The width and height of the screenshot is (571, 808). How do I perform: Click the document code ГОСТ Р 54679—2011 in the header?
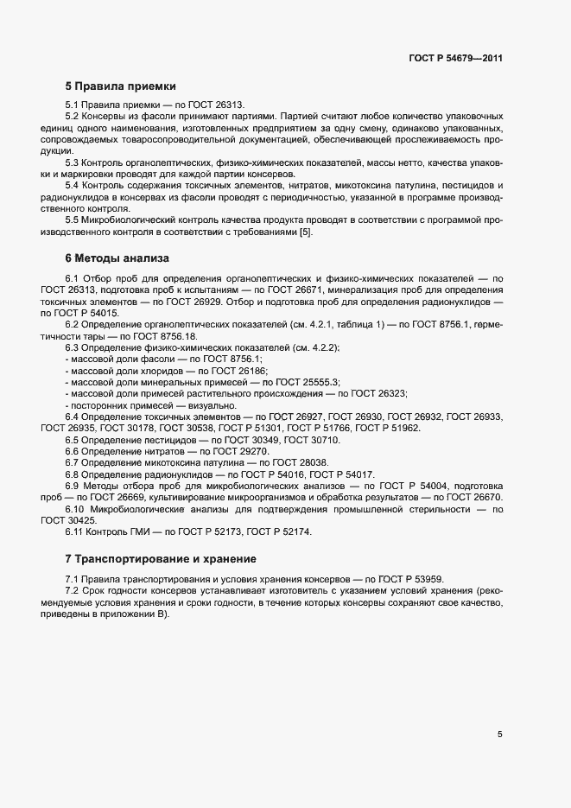click(x=455, y=59)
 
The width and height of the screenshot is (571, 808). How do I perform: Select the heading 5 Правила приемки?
click(x=120, y=86)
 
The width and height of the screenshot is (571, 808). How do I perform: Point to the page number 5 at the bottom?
click(x=500, y=735)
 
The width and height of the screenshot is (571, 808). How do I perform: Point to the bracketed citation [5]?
click(x=306, y=232)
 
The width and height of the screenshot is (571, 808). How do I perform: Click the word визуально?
click(x=183, y=404)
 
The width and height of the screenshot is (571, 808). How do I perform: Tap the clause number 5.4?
click(x=73, y=186)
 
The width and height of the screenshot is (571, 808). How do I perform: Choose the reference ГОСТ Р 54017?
click(x=340, y=474)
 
